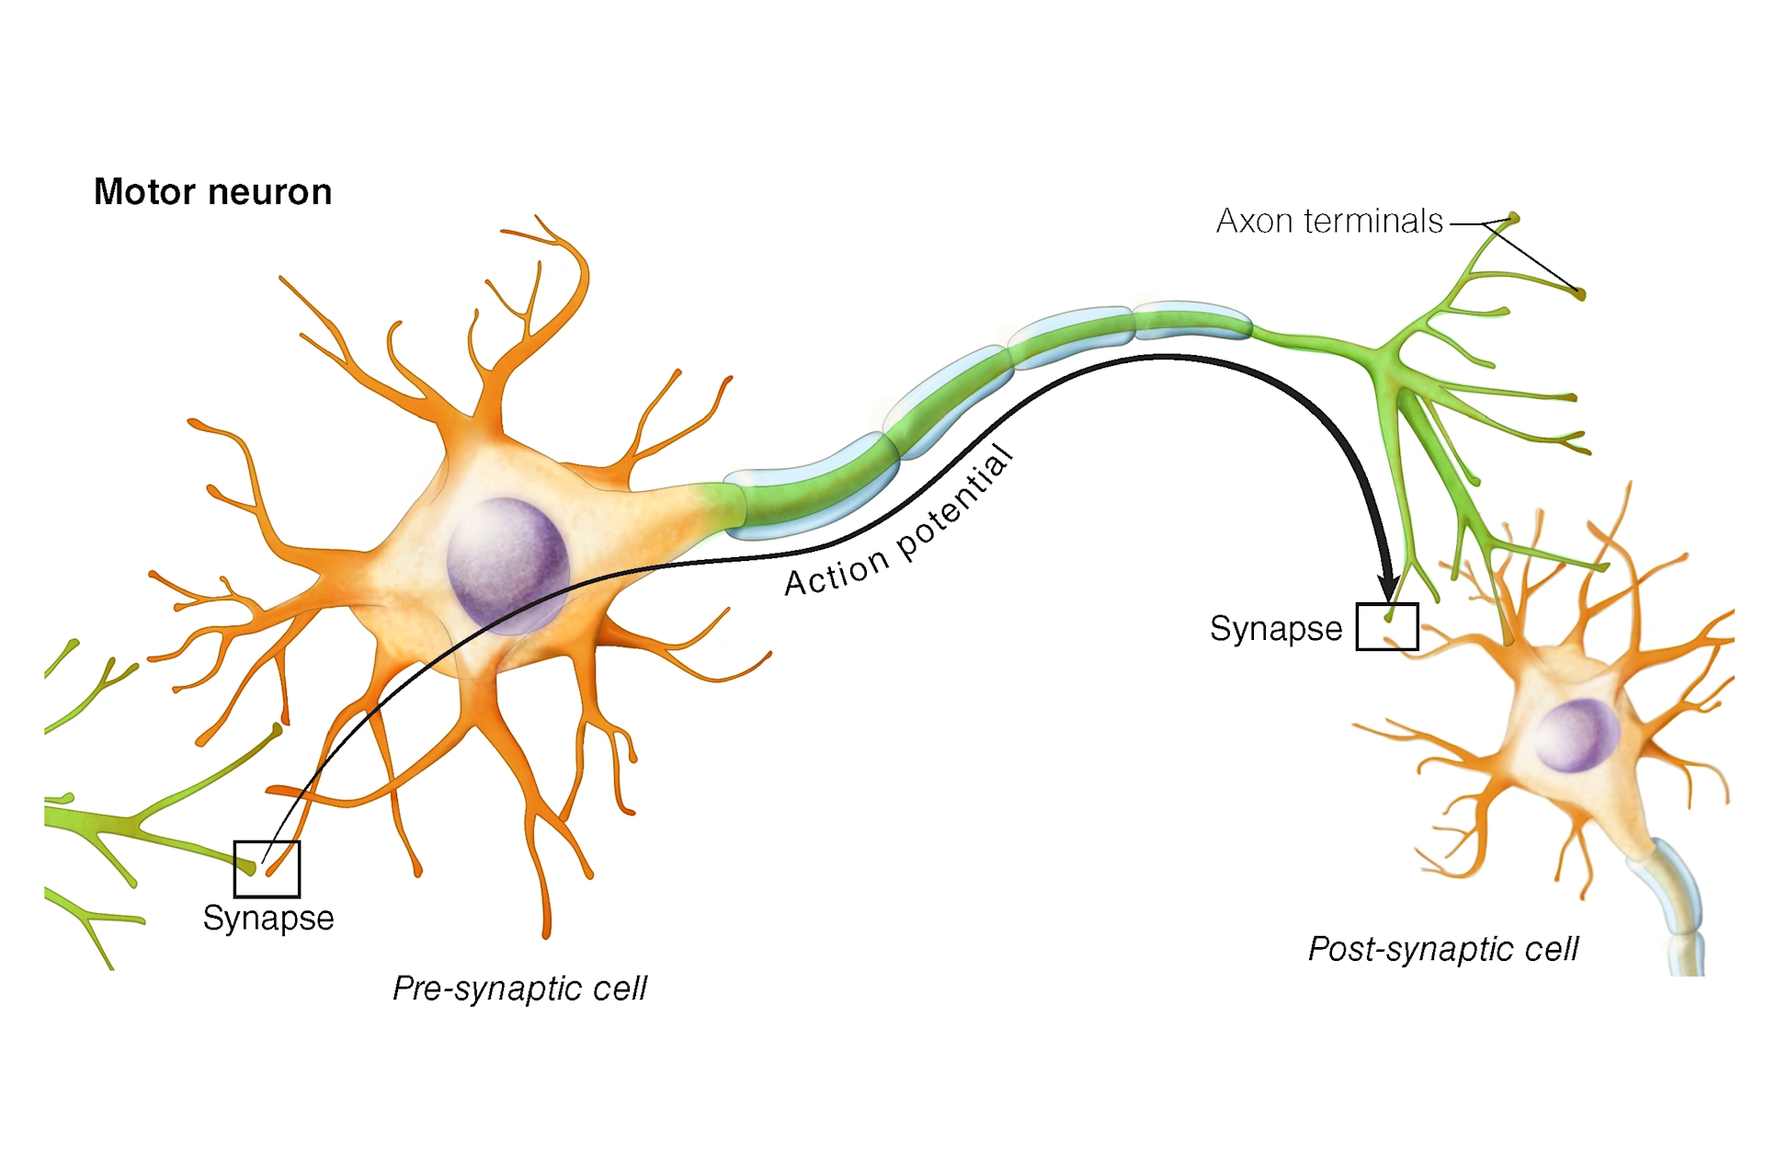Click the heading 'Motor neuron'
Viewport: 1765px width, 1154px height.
(212, 192)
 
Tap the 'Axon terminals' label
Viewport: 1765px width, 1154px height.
(1328, 222)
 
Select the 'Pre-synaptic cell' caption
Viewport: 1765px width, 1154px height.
(519, 988)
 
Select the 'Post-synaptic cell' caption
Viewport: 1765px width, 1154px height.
(1442, 949)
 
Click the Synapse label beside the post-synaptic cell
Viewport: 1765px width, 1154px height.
(1275, 629)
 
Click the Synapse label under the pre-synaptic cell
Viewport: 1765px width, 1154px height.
(268, 918)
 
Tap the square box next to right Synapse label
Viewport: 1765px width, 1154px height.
(1387, 627)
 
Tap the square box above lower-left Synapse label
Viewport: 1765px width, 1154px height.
(267, 869)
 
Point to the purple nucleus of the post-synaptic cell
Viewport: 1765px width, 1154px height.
(1577, 734)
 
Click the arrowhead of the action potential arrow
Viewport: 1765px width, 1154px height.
(1388, 588)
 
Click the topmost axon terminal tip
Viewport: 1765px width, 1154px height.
(1513, 218)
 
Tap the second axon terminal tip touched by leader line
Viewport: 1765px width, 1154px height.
(1580, 294)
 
